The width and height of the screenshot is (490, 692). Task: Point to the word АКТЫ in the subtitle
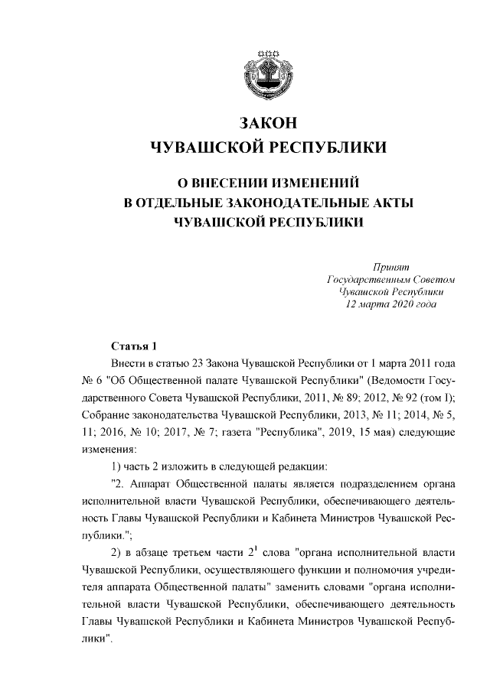pos(392,203)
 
